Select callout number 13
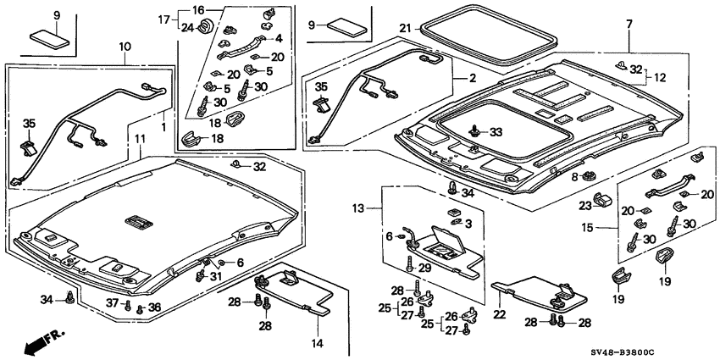357,208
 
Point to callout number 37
111,305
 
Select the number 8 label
573,177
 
